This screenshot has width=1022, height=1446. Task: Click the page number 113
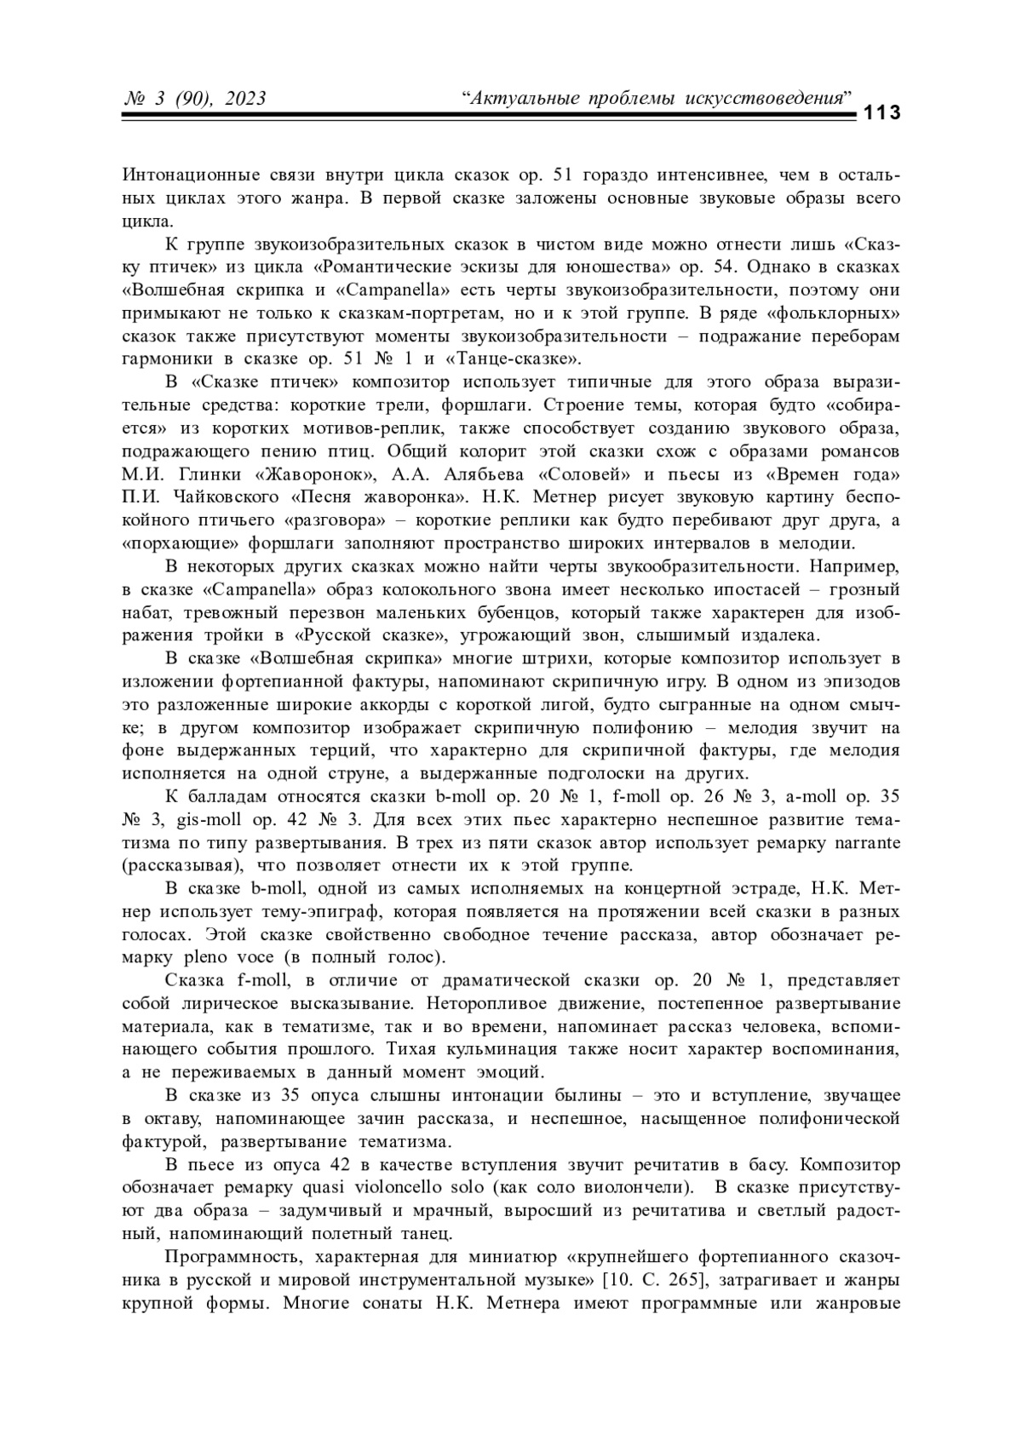coord(882,113)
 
